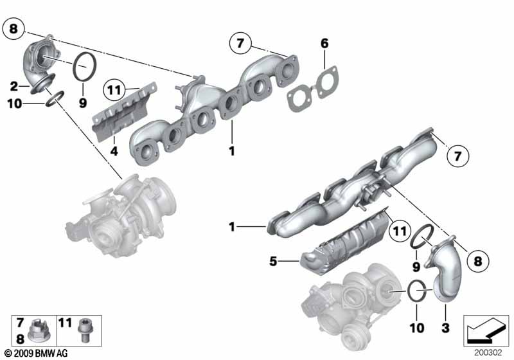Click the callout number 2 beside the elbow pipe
[13, 87]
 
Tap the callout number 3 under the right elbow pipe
[445, 327]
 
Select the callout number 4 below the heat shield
[114, 151]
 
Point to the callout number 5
[273, 261]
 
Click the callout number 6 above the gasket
[324, 43]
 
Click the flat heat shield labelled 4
[124, 111]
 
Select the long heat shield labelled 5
[344, 242]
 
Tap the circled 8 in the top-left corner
[13, 29]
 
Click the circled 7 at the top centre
[240, 43]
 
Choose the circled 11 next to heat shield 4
[114, 90]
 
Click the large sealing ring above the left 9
[85, 66]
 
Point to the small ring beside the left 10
[55, 99]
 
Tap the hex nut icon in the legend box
[37, 331]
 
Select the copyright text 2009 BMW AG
[36, 353]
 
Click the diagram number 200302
[488, 352]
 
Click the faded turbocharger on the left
[121, 215]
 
